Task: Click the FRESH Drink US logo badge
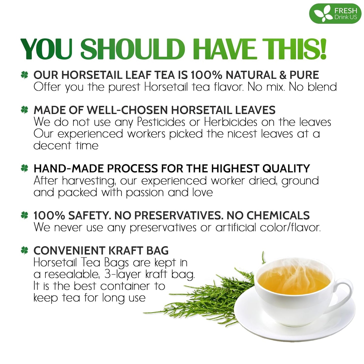point(335,14)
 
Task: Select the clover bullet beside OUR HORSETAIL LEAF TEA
point(24,75)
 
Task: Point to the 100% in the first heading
point(206,75)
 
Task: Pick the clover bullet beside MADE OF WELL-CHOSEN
point(24,110)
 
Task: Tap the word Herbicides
point(230,122)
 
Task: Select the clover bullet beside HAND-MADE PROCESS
point(24,168)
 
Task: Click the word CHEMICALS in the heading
point(278,215)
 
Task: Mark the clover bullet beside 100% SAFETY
point(24,215)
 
